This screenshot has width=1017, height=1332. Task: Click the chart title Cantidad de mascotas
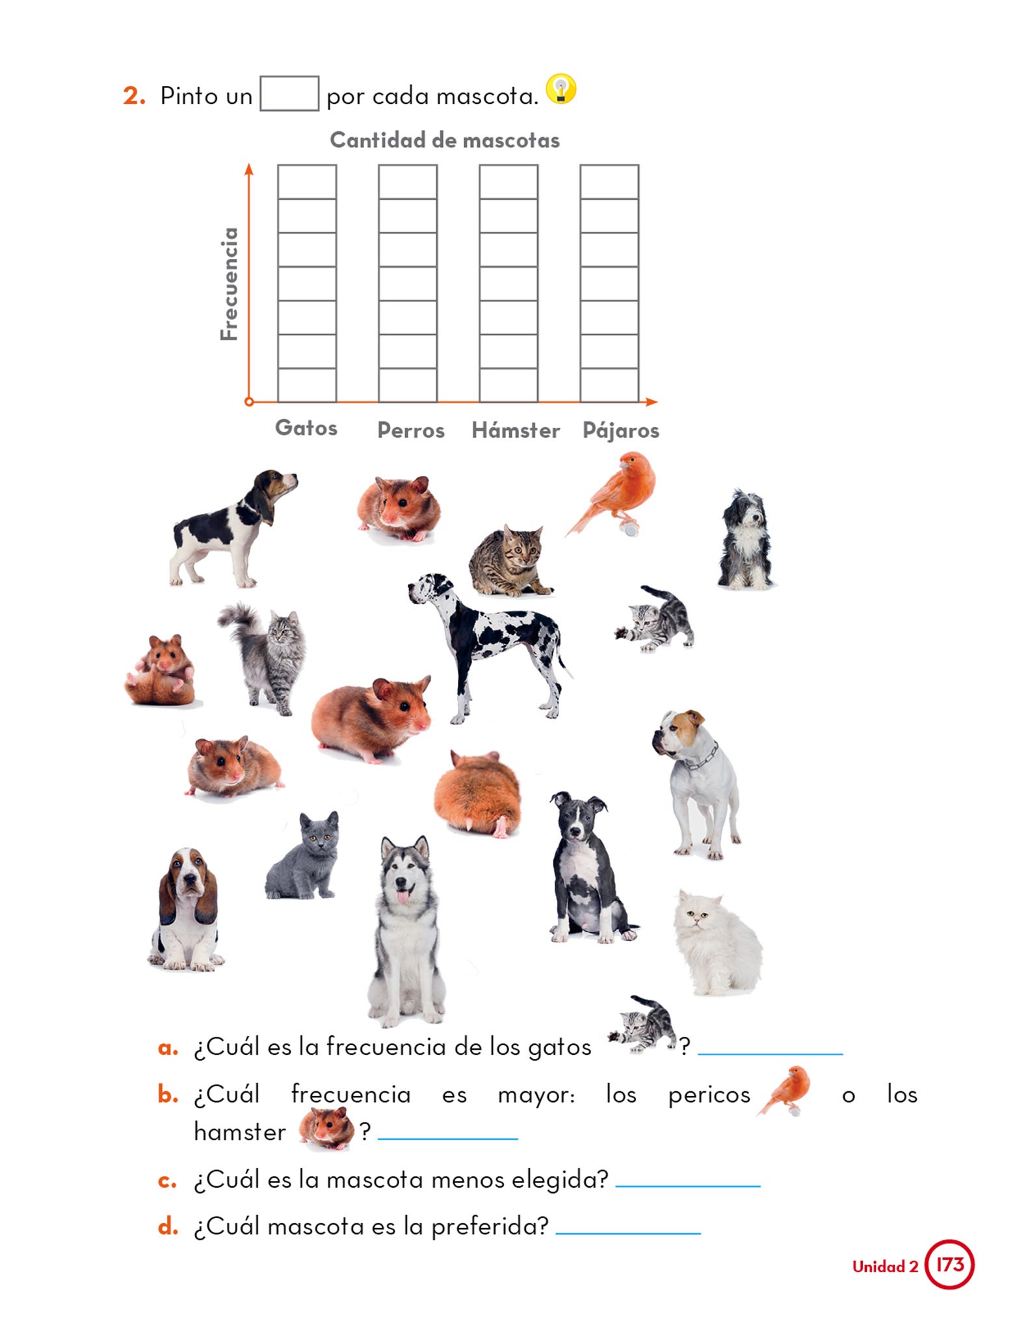tap(445, 140)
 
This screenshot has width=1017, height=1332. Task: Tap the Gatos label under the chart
tap(306, 427)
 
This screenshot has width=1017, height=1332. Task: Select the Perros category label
tap(411, 430)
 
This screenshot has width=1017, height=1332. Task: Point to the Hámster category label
tap(516, 430)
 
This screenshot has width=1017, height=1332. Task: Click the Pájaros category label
tap(621, 430)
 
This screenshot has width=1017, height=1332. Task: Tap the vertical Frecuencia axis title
tap(229, 284)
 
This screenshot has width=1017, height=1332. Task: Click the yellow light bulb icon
tap(561, 89)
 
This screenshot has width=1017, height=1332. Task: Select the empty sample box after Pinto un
tap(289, 94)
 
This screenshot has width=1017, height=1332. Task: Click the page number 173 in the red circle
tap(949, 1264)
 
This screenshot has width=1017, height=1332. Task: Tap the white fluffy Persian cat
tap(717, 942)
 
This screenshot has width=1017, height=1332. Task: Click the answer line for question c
tap(688, 1186)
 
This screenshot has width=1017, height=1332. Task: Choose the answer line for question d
tap(628, 1232)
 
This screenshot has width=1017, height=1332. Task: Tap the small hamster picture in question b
tap(326, 1128)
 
